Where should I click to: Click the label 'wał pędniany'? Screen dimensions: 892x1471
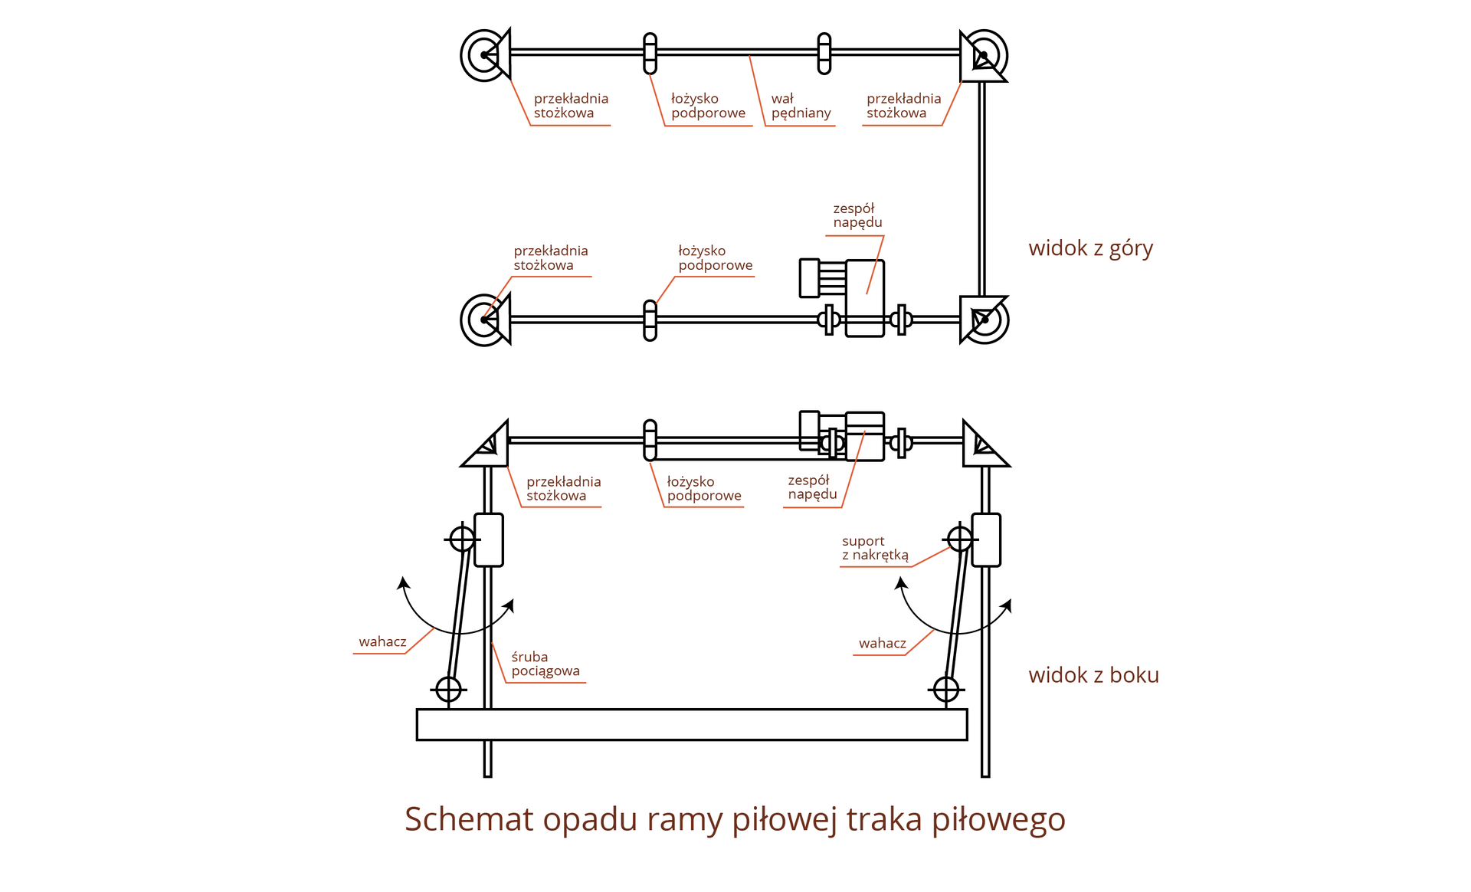[800, 106]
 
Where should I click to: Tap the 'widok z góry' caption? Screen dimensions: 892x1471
[1090, 248]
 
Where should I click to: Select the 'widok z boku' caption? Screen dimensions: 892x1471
[1093, 675]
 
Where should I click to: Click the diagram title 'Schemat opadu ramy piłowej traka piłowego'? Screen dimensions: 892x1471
[735, 819]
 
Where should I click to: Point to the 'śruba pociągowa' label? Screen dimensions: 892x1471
[545, 664]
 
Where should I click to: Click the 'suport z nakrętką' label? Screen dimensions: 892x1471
[875, 548]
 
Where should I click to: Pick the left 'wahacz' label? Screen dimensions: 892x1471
[382, 641]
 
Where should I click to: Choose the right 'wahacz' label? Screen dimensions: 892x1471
[882, 643]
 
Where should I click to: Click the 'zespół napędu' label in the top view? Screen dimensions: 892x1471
[857, 215]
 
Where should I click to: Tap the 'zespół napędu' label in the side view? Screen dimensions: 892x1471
[812, 487]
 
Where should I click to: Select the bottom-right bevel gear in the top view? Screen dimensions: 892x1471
[983, 320]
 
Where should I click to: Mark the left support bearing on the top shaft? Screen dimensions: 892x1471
[650, 53]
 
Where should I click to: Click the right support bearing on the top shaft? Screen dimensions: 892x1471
[824, 53]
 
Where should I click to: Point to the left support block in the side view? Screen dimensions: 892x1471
[489, 539]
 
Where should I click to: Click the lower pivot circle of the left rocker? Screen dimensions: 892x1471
[448, 689]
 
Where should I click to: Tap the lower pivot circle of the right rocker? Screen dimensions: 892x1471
[946, 689]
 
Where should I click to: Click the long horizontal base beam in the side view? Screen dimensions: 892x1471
[691, 724]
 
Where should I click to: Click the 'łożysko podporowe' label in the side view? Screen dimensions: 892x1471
[703, 488]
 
